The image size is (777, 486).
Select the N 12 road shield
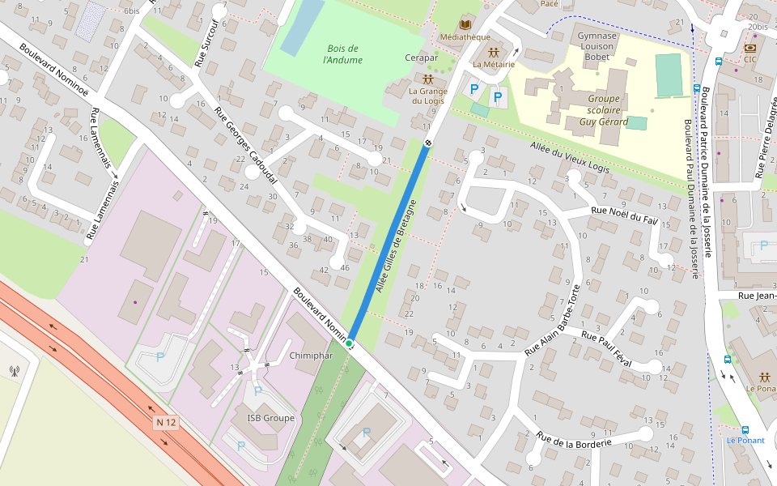pos(166,423)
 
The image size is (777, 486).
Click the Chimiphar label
pos(311,356)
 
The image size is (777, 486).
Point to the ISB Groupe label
pos(270,418)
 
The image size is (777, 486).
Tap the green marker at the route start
pos(349,344)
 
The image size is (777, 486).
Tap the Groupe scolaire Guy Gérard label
pos(605,110)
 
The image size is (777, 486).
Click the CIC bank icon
pos(750,48)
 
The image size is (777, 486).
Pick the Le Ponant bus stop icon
pos(745,430)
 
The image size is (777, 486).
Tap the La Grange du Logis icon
pos(427,79)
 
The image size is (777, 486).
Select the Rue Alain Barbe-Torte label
pos(553,322)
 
